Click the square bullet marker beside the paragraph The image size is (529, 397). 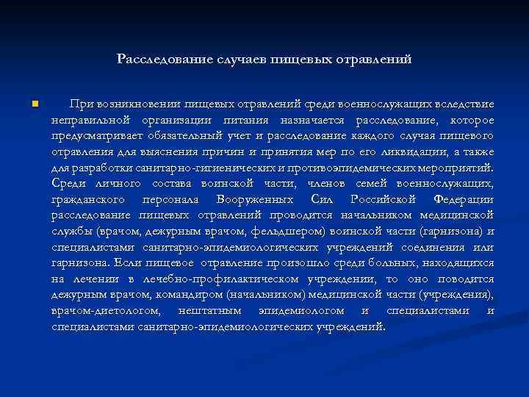pyautogui.click(x=34, y=104)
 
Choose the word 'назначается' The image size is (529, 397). pyautogui.click(x=313, y=120)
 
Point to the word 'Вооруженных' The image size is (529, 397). pyautogui.click(x=255, y=199)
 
